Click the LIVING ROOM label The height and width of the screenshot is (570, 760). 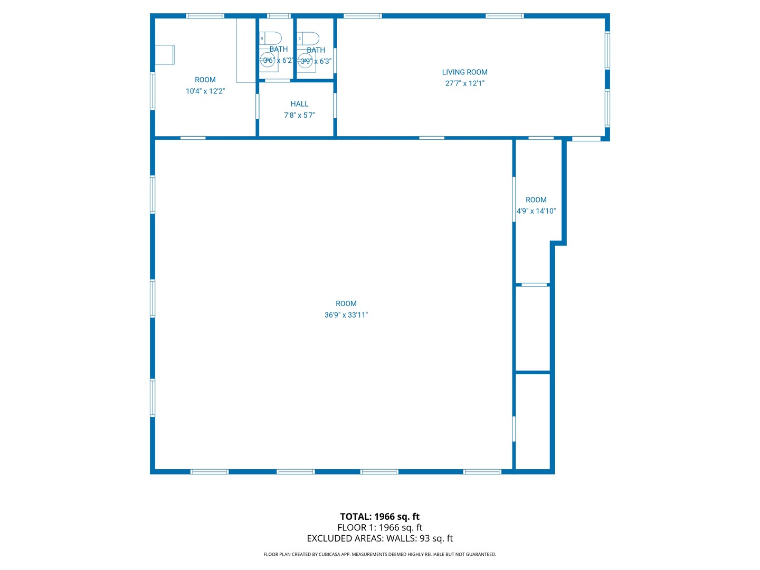tap(464, 72)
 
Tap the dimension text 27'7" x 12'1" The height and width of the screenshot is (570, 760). tap(464, 83)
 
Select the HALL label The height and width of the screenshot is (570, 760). tap(299, 104)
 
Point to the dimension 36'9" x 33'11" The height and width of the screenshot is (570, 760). tap(346, 315)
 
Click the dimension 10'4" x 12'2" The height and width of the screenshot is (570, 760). tap(205, 91)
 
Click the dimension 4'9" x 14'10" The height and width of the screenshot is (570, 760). tap(536, 211)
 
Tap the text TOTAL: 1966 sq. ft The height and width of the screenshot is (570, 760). tap(379, 517)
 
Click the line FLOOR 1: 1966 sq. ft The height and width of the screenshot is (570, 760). tap(379, 528)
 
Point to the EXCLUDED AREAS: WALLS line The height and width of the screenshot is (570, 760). tap(379, 539)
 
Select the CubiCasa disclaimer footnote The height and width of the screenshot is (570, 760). tap(379, 555)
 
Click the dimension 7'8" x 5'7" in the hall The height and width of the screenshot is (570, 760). tap(299, 116)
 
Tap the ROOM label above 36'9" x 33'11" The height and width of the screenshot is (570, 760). tap(346, 303)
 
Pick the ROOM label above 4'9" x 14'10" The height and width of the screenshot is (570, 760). tap(536, 200)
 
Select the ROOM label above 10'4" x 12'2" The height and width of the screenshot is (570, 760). tap(205, 80)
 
